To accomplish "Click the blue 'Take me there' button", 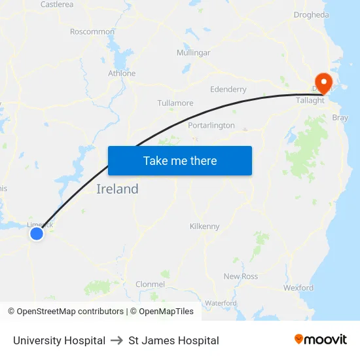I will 180,160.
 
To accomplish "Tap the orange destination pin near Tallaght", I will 323,81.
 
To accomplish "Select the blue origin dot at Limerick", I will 37,233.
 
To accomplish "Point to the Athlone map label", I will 122,73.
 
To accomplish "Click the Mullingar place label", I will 193,52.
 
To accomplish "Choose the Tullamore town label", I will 175,103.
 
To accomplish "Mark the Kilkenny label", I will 205,226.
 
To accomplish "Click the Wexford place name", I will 298,288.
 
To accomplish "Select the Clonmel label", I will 150,284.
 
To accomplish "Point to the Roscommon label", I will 92,31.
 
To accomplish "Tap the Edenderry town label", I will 228,89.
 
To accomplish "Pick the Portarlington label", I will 211,125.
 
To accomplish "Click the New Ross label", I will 241,276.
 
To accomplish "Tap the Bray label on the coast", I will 340,118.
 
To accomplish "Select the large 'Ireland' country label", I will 118,189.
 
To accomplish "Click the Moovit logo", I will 320,340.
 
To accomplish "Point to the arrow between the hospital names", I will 117,340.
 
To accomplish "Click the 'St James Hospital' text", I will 173,340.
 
